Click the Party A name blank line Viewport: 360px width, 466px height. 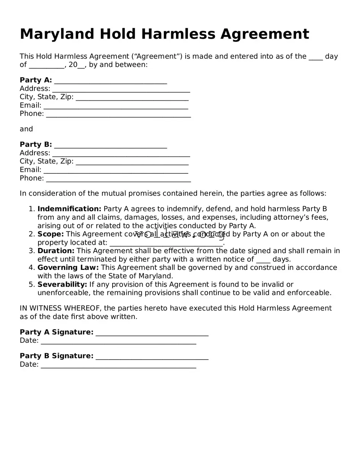click(110, 81)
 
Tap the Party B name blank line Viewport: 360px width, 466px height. click(110, 145)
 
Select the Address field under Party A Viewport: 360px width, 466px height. click(121, 89)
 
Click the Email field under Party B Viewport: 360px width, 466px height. click(116, 170)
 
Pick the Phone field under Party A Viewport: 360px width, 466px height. click(118, 114)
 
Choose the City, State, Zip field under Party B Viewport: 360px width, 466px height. click(132, 162)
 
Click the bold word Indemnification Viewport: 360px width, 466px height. click(69, 209)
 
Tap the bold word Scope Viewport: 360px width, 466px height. click(50, 234)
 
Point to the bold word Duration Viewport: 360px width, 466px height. click(56, 251)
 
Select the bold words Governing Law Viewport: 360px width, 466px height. click(68, 268)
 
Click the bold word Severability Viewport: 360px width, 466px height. click(62, 285)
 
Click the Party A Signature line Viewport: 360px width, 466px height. click(152, 333)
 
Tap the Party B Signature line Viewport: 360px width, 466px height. click(152, 356)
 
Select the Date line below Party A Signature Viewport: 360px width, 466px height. click(118, 341)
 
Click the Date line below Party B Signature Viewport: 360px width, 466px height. click(118, 365)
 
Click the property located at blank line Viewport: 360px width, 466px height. click(166, 243)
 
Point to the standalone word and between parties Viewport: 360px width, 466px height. click(26, 129)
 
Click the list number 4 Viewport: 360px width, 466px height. click(32, 268)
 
